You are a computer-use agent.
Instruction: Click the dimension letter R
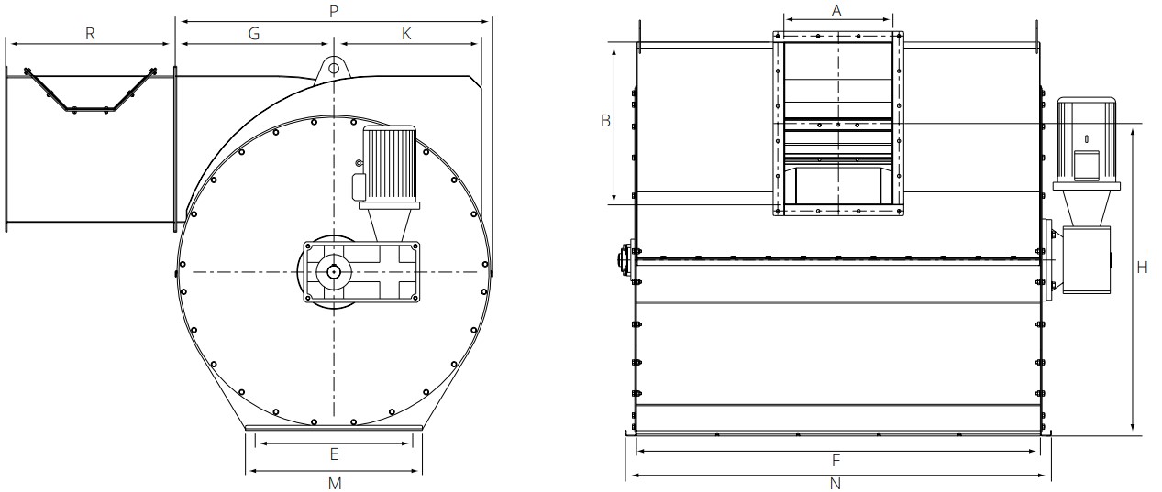tap(90, 33)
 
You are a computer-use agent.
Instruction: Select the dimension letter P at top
tap(334, 10)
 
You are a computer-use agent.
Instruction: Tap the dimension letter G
tap(254, 33)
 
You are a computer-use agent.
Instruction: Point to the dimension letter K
tap(406, 33)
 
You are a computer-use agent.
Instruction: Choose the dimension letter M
tap(335, 483)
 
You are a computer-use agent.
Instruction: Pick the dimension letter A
tap(836, 10)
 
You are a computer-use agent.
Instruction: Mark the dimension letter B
tap(605, 120)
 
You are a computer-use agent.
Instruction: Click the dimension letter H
tap(1142, 268)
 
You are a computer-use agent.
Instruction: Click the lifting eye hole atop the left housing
tap(334, 67)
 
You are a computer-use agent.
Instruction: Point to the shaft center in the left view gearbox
tap(334, 271)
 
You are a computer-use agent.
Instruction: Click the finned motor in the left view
tap(391, 163)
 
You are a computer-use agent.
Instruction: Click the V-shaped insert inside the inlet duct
tap(89, 92)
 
